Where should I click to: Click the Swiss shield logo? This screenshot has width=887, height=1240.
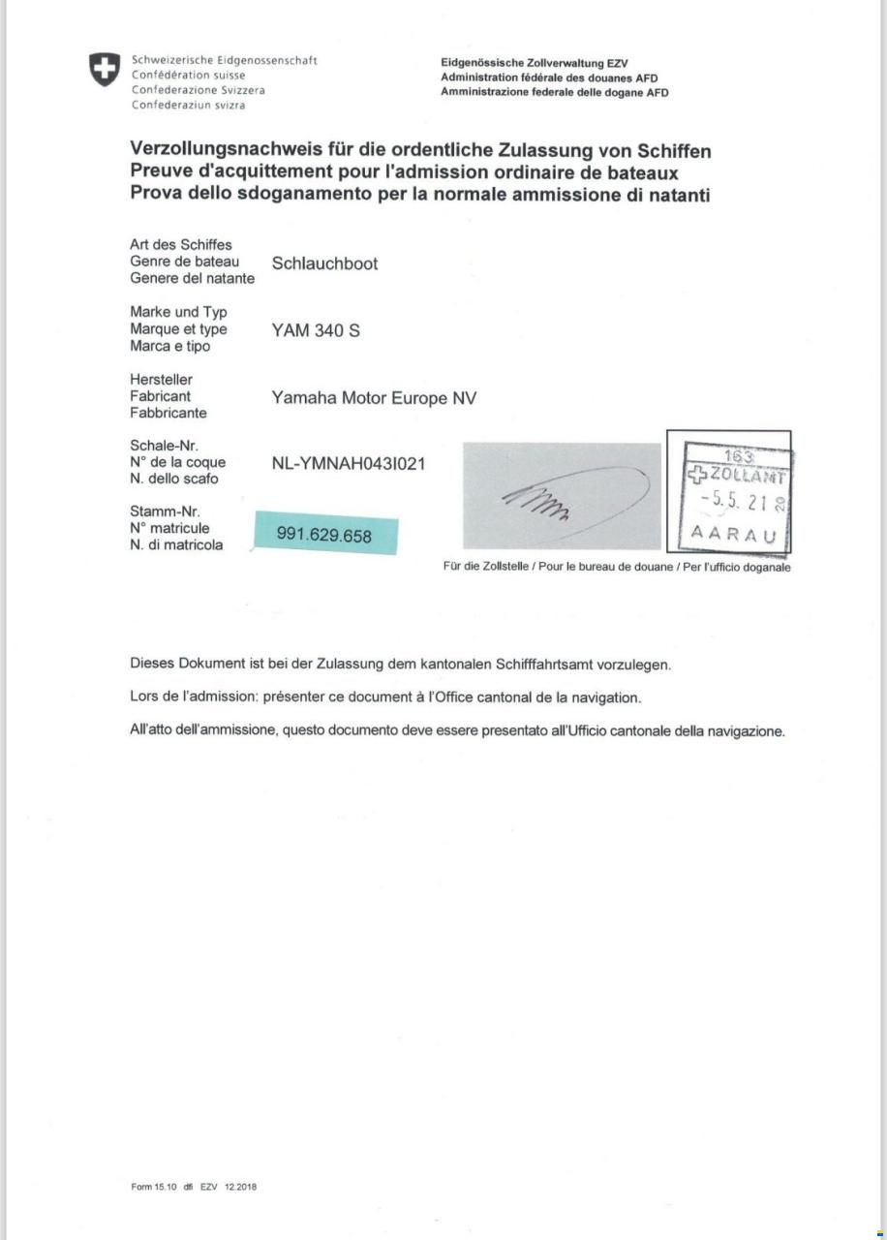point(105,70)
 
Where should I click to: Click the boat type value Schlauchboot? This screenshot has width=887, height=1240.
point(324,263)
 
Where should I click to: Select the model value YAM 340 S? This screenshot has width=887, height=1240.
point(316,330)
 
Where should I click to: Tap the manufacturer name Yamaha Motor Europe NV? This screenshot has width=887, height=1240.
point(374,398)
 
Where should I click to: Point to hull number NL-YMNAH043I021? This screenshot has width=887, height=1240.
point(349,463)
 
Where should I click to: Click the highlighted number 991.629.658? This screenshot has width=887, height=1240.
point(324,535)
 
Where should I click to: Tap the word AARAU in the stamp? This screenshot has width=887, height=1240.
point(733,534)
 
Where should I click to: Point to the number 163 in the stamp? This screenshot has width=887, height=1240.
point(739,456)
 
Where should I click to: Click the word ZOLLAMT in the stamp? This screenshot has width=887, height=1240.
point(748,476)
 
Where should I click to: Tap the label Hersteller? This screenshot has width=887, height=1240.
point(161,380)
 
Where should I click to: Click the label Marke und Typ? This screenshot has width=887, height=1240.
point(178,312)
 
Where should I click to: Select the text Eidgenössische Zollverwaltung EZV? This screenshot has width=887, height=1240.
point(534,63)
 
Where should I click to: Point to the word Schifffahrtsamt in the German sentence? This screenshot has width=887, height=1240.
point(546,666)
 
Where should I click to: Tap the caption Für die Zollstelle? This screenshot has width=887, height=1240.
point(485,568)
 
